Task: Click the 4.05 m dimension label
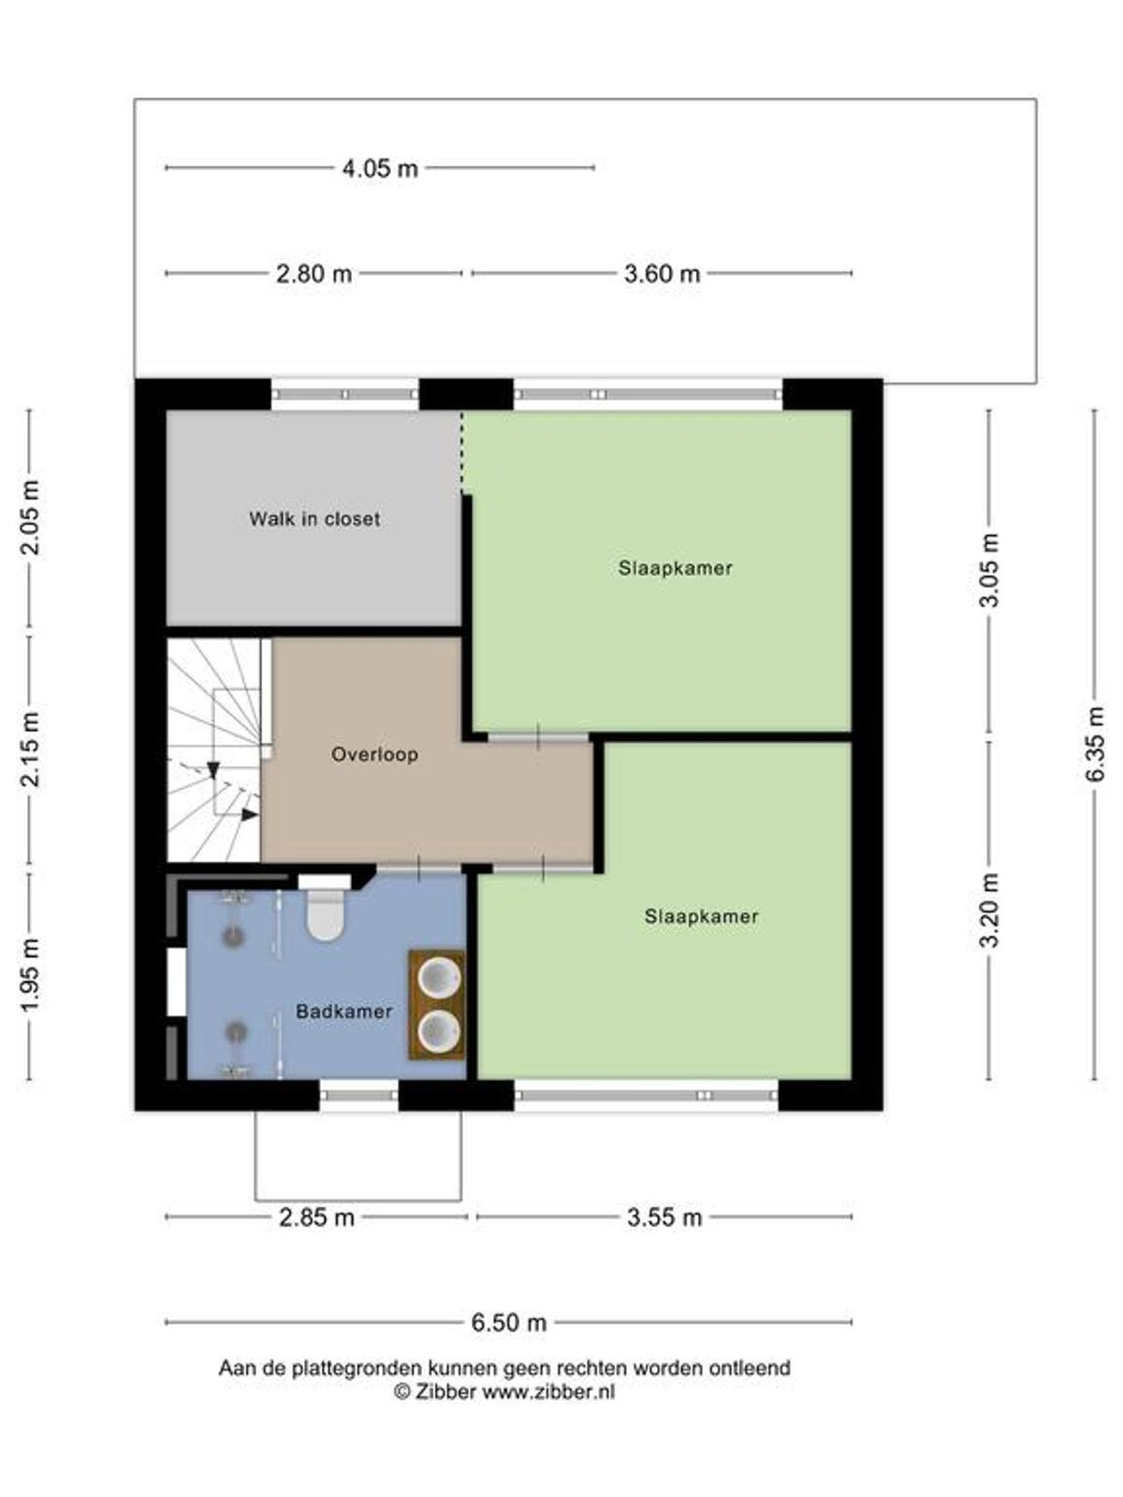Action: tap(380, 167)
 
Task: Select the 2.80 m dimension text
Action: tap(314, 274)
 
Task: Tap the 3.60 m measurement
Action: tap(662, 274)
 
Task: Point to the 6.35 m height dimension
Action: tap(1094, 744)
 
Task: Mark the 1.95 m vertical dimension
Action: tap(30, 977)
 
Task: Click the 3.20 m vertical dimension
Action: tap(989, 909)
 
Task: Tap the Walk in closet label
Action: tap(314, 519)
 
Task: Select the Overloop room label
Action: tap(374, 754)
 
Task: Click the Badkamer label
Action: tap(343, 1010)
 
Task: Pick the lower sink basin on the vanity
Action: tap(437, 1031)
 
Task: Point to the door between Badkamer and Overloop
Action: tap(418, 869)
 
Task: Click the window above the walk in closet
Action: tap(345, 394)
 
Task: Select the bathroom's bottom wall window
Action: tap(358, 1096)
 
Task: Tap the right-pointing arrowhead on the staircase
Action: tap(250, 814)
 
